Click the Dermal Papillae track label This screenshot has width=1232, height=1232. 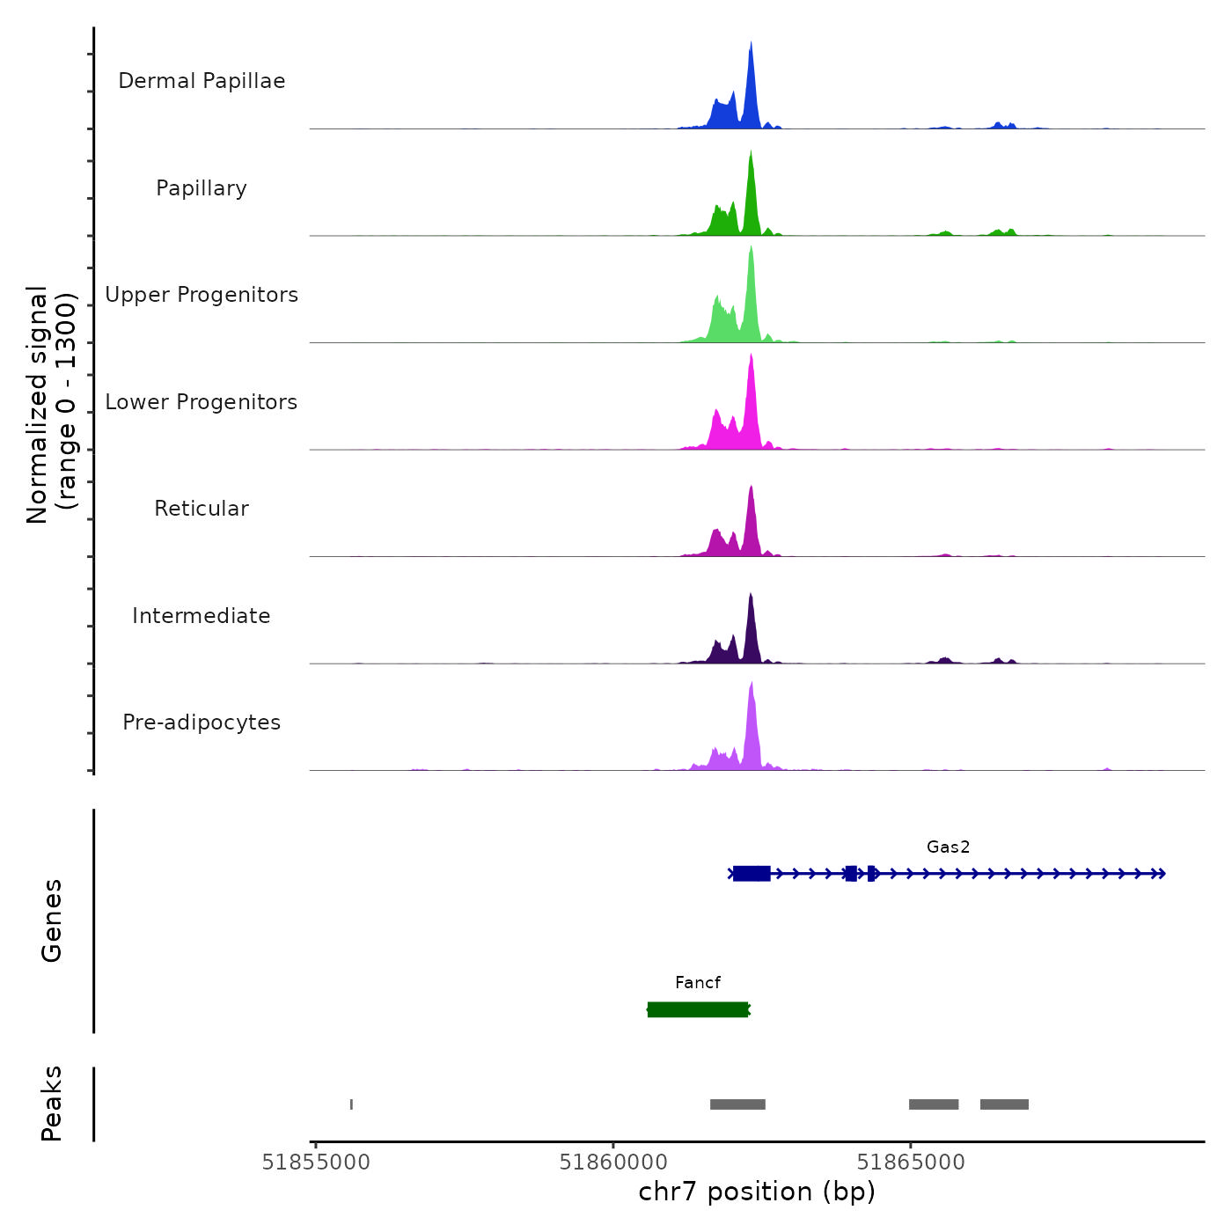pyautogui.click(x=202, y=81)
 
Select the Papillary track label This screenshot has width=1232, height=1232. pyautogui.click(x=202, y=188)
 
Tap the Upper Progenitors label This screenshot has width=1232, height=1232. pyautogui.click(x=202, y=295)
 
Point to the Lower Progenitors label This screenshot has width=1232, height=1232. pyautogui.click(x=202, y=402)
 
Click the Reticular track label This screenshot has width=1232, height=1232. pyautogui.click(x=202, y=509)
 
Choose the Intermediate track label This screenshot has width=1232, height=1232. pyautogui.click(x=202, y=616)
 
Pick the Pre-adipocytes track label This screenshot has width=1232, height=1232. pyautogui.click(x=202, y=722)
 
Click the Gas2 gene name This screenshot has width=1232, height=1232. pyautogui.click(x=948, y=847)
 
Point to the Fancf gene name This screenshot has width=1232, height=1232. pyautogui.click(x=698, y=982)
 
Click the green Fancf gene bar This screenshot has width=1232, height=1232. pyautogui.click(x=698, y=1009)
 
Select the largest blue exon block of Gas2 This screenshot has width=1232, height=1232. pyautogui.click(x=752, y=873)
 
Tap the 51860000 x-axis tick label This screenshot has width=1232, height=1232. pyautogui.click(x=613, y=1162)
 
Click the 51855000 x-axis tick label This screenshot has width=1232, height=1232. pyautogui.click(x=316, y=1162)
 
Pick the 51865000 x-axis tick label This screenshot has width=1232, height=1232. pyautogui.click(x=911, y=1162)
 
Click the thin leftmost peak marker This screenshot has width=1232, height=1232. pyautogui.click(x=351, y=1104)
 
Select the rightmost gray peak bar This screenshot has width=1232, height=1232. pyautogui.click(x=1004, y=1104)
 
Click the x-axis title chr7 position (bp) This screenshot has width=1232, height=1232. pyautogui.click(x=757, y=1192)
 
